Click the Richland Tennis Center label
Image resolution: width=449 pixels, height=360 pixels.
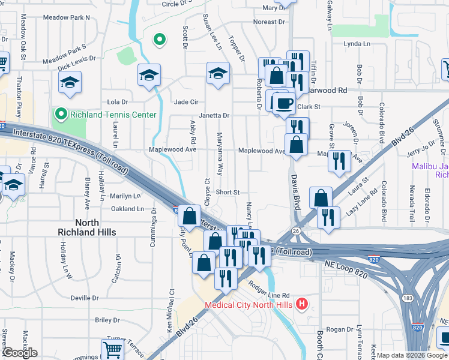(x=113, y=115)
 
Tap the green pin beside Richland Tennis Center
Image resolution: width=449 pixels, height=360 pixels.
(x=61, y=113)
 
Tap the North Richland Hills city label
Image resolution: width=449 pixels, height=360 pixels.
(x=86, y=227)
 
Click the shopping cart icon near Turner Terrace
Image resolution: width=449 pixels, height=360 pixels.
(x=112, y=350)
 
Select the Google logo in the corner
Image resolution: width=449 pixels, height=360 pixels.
(x=19, y=353)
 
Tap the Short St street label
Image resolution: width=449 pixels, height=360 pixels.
(x=228, y=193)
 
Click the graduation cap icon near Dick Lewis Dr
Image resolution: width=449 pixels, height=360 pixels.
(x=70, y=82)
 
